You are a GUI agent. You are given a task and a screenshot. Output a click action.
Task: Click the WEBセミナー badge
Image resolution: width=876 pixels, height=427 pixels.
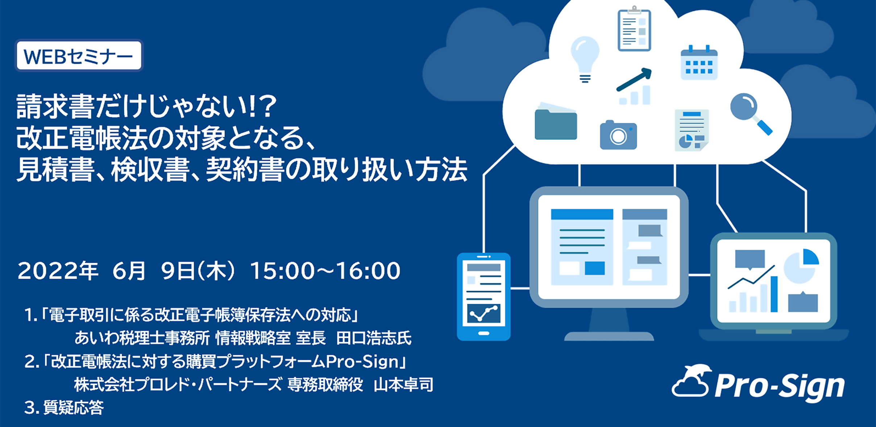tap(79, 55)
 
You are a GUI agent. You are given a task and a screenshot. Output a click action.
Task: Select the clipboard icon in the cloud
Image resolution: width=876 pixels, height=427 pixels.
tap(634, 29)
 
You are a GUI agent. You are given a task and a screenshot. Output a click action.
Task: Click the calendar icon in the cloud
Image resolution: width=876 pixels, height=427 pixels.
tap(699, 62)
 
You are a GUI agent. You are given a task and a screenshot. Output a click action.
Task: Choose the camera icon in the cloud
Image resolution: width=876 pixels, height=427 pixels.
tap(618, 135)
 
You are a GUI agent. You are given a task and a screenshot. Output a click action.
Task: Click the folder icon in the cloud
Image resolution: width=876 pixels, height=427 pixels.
tap(556, 121)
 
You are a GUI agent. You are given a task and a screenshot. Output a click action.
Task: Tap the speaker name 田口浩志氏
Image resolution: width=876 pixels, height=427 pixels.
tap(374, 338)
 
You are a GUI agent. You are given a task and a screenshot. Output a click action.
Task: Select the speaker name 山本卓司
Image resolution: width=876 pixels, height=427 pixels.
tap(403, 385)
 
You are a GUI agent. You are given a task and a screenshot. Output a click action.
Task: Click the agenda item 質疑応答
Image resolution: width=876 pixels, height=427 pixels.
tap(74, 407)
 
